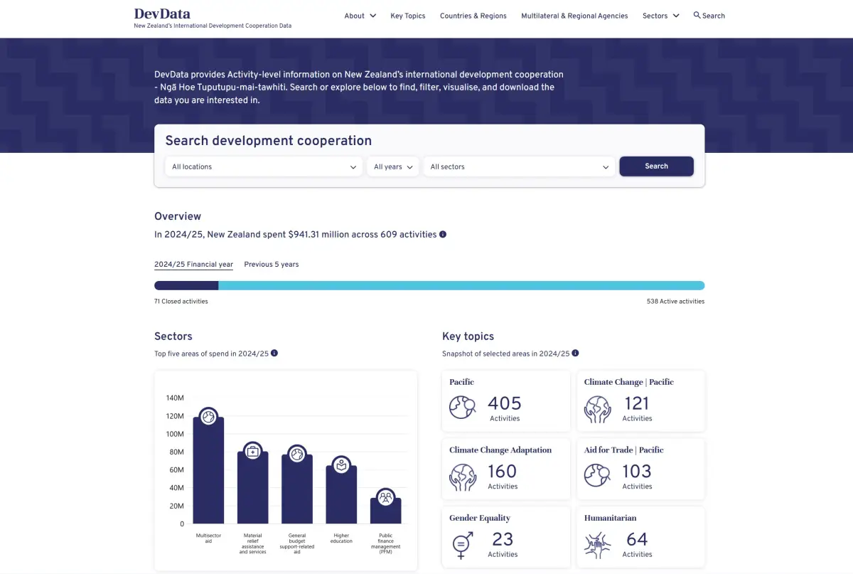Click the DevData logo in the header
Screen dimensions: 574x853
click(162, 14)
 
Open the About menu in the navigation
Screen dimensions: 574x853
click(360, 16)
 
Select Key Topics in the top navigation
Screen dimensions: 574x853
click(407, 16)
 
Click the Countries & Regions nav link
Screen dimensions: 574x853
click(473, 16)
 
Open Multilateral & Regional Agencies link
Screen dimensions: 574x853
click(574, 16)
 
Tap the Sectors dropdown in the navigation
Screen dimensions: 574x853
click(660, 16)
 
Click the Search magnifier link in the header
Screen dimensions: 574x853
click(709, 16)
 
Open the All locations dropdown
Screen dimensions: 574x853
click(264, 167)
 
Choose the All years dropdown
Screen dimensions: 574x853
click(392, 167)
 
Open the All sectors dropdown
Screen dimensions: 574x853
click(519, 167)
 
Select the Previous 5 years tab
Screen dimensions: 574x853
click(271, 265)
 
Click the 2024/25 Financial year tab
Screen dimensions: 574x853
click(193, 265)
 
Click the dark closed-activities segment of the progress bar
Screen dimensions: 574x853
click(186, 286)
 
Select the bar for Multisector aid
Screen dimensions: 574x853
click(208, 473)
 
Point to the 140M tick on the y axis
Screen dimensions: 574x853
click(175, 398)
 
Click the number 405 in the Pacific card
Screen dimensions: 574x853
click(504, 403)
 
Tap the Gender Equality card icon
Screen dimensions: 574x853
click(461, 546)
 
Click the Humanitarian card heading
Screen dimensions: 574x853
click(610, 518)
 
